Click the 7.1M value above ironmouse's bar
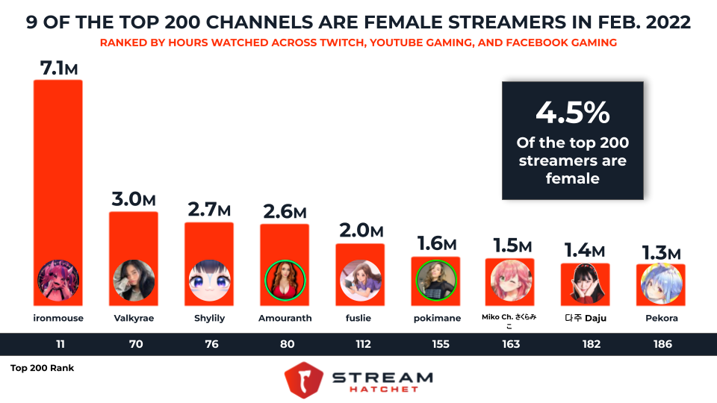coord(58,68)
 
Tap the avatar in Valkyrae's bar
coord(134,280)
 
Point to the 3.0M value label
coord(134,200)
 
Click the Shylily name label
coord(208,318)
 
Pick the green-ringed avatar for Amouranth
coord(284,280)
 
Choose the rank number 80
coord(284,344)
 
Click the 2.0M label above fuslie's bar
coord(359,232)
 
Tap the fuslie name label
coord(359,318)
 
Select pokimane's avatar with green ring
coord(435,280)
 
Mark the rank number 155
coord(435,344)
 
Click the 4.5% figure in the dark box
coord(573,113)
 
